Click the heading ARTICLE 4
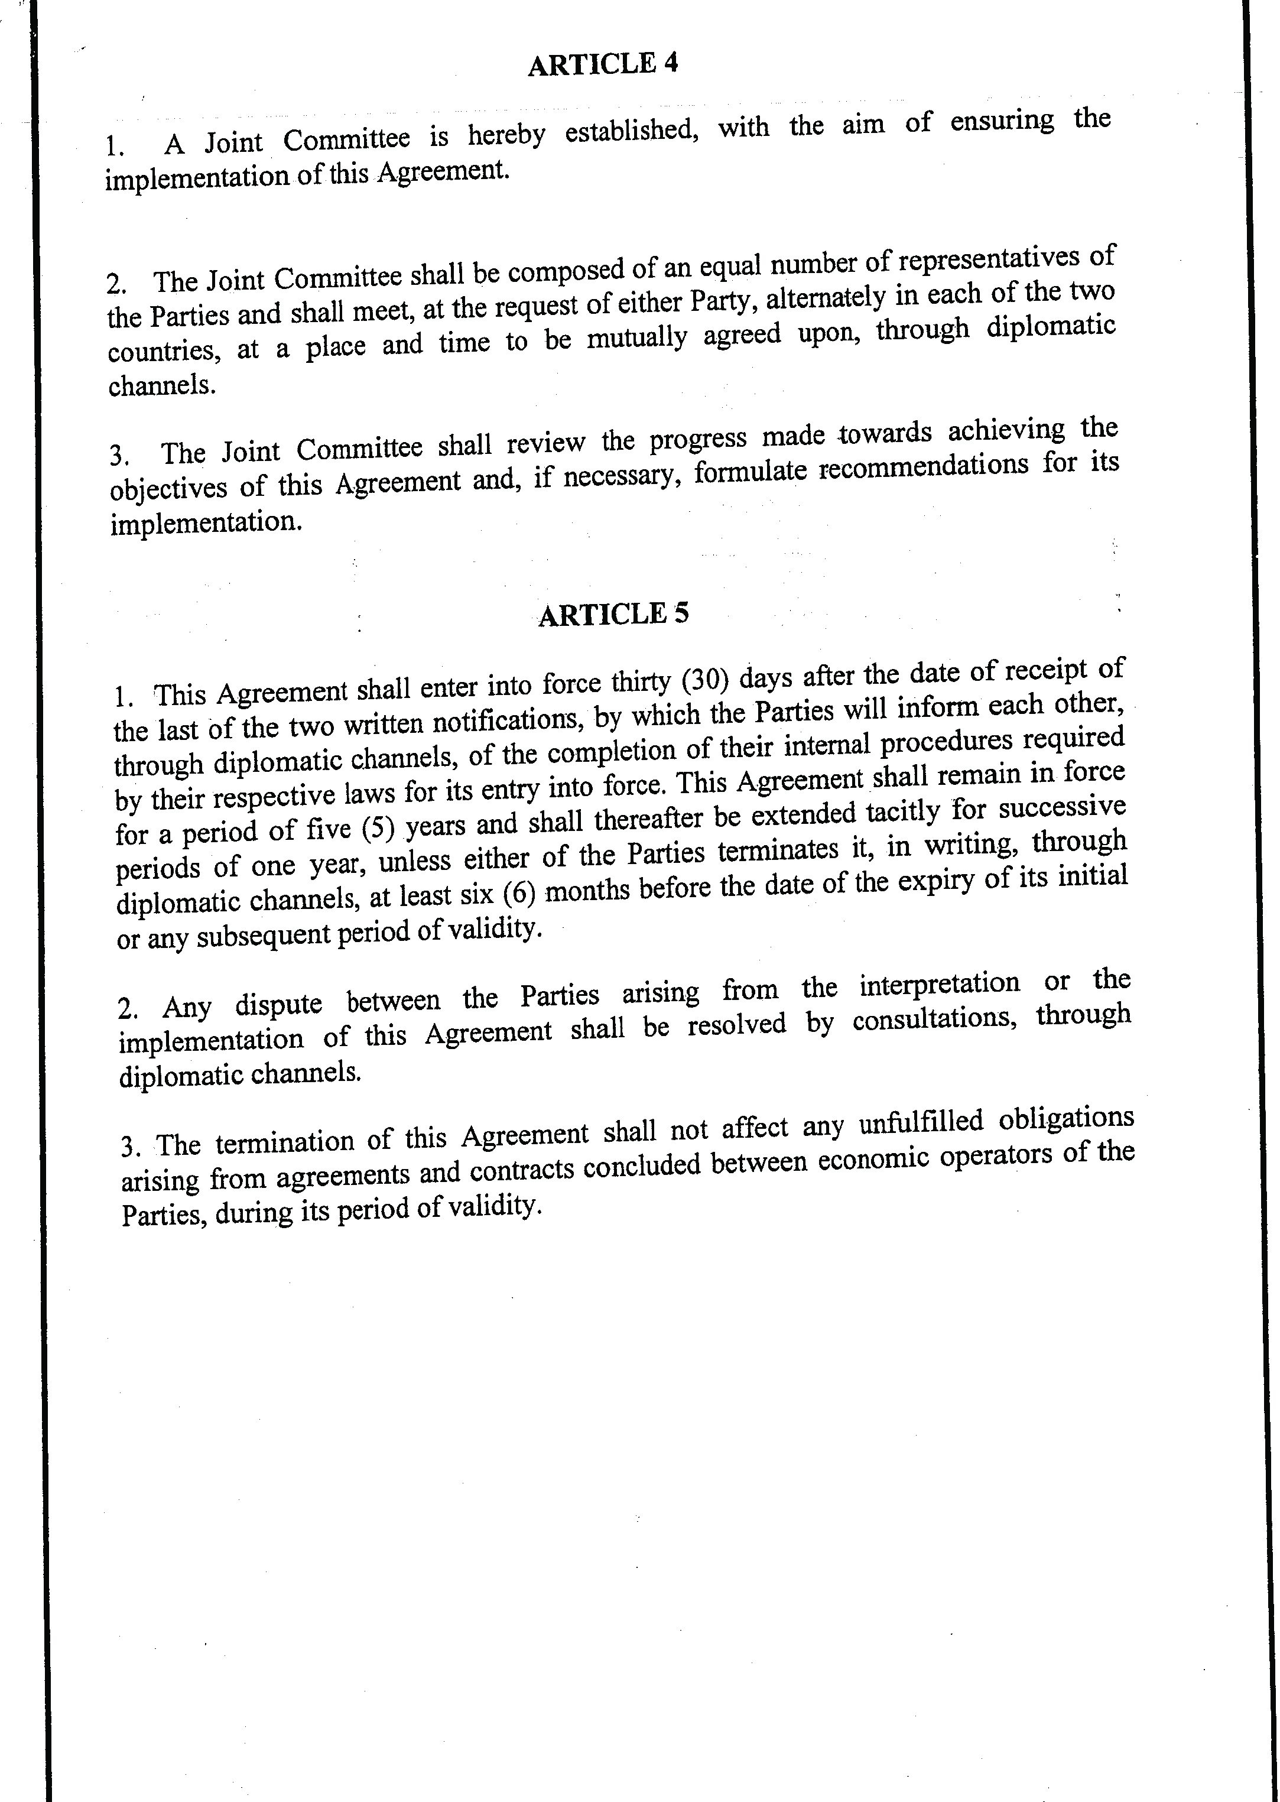[x=603, y=64]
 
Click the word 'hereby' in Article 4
[x=506, y=135]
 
